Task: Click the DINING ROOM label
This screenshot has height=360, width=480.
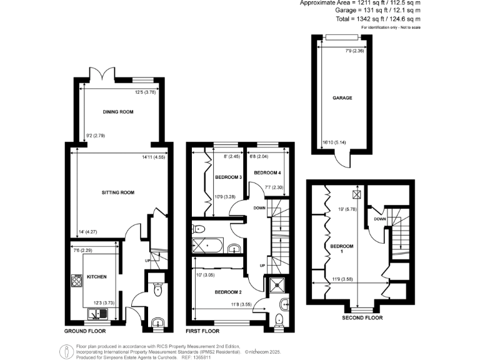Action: click(x=118, y=112)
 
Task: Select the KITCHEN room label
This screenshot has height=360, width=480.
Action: click(x=96, y=276)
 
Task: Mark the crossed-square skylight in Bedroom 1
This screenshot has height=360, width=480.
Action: click(x=357, y=193)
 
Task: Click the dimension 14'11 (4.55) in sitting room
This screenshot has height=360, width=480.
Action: click(x=152, y=157)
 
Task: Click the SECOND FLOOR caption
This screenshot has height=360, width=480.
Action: click(x=362, y=318)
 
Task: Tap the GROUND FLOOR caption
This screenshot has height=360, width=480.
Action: click(x=84, y=331)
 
